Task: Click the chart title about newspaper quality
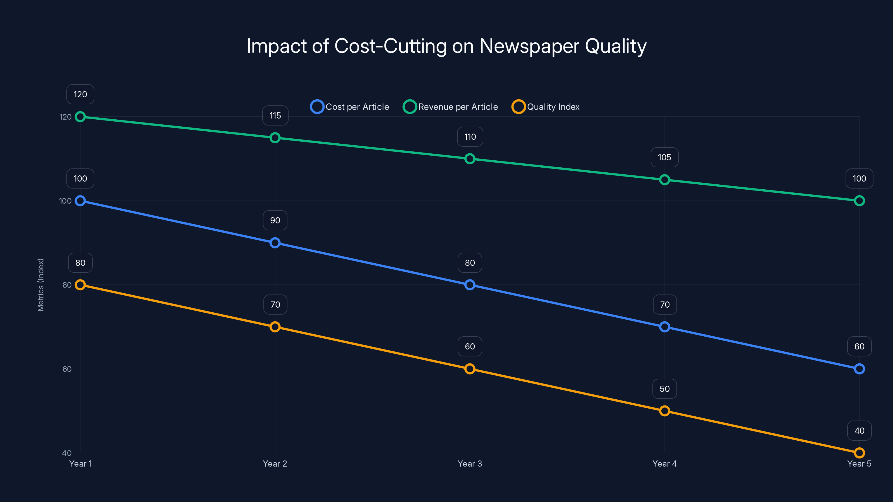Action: point(446,46)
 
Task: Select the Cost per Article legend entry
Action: point(350,107)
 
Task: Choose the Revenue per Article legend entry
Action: point(451,107)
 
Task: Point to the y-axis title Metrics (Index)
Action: point(40,285)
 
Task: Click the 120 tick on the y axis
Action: point(66,117)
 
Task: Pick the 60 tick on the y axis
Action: point(67,369)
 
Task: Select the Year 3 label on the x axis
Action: point(470,464)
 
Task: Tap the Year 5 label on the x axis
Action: point(859,464)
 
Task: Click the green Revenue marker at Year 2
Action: point(275,138)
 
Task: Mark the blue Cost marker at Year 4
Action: point(664,327)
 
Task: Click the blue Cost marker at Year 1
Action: point(80,201)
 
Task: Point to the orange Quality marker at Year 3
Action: point(470,369)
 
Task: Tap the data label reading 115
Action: point(275,115)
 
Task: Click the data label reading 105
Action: point(664,157)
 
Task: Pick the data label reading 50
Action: point(664,389)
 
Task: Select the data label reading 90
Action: point(275,220)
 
